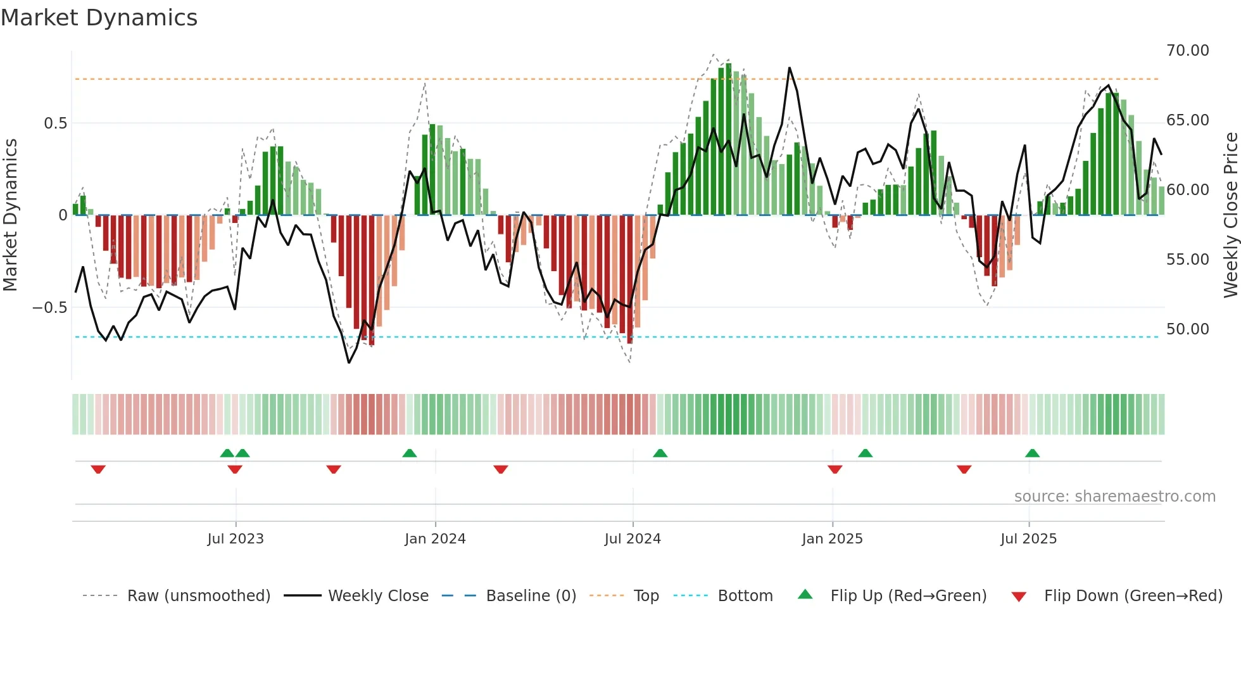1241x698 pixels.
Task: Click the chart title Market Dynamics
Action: (x=99, y=18)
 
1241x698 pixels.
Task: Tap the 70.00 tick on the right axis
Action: (x=1187, y=51)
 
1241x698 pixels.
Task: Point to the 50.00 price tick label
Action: (x=1187, y=329)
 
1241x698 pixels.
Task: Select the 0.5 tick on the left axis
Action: (x=56, y=124)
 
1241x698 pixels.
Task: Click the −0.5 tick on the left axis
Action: (x=50, y=308)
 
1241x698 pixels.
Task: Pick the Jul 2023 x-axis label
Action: (x=236, y=539)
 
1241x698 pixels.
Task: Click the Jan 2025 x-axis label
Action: (x=832, y=539)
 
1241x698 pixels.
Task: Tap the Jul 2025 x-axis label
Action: (x=1028, y=539)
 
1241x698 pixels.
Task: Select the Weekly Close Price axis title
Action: (x=1230, y=215)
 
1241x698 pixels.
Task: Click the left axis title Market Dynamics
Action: (x=10, y=215)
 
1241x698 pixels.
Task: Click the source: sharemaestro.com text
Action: (x=1114, y=497)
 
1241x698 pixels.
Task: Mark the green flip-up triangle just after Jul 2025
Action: (x=1032, y=453)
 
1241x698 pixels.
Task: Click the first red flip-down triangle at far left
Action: (x=98, y=469)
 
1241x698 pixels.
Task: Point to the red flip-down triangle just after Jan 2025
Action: (x=835, y=469)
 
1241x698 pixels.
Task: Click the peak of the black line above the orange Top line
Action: (x=789, y=68)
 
